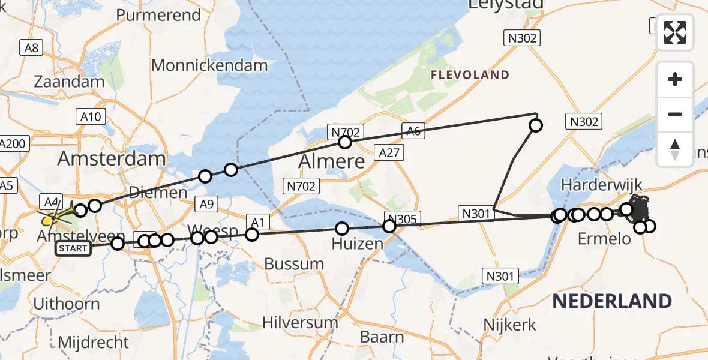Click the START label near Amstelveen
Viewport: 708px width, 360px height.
tap(73, 248)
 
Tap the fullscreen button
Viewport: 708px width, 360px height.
tap(675, 32)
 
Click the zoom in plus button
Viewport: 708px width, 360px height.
tap(675, 79)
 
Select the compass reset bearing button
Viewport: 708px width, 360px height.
tap(675, 149)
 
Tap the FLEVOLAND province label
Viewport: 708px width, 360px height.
tap(470, 75)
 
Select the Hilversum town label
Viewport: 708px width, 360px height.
tap(301, 322)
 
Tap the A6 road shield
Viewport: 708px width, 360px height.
tap(413, 131)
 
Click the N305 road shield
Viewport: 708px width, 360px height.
tap(403, 219)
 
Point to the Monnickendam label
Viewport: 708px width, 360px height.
tap(209, 65)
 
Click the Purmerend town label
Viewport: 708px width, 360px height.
tap(158, 15)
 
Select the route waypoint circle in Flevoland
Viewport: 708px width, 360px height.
tap(535, 125)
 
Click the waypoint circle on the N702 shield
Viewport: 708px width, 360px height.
tap(344, 142)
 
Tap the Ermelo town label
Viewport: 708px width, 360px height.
tap(604, 239)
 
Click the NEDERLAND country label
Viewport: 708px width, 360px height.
tap(612, 301)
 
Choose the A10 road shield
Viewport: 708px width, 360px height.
tap(91, 116)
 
